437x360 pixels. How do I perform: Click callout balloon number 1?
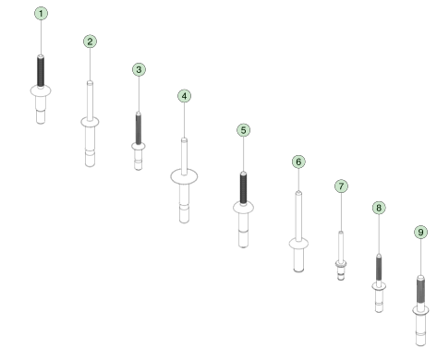41,14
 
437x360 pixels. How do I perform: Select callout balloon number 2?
90,42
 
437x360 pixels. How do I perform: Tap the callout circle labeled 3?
139,69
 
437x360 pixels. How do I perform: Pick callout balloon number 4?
185,96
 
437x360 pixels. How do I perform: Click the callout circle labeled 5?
243,130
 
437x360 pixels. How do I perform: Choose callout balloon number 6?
297,162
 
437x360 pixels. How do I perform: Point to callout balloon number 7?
341,186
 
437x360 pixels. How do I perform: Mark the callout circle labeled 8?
379,208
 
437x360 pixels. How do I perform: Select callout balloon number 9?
421,233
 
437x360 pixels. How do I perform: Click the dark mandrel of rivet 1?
41,69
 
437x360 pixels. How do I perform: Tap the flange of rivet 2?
90,121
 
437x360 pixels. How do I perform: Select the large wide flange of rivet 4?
185,175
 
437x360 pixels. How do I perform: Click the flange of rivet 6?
297,244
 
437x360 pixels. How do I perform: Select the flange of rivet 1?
41,90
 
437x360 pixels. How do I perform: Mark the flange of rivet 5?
243,209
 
